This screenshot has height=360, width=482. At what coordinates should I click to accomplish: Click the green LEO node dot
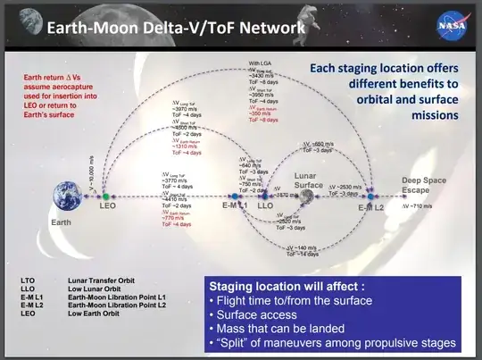tap(104, 194)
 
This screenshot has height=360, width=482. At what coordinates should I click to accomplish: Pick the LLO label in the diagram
tap(264, 207)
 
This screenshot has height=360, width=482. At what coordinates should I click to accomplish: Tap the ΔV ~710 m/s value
tap(423, 205)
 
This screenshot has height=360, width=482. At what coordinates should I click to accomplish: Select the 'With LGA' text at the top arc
tap(261, 64)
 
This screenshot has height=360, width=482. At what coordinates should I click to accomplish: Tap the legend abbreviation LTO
tap(28, 280)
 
